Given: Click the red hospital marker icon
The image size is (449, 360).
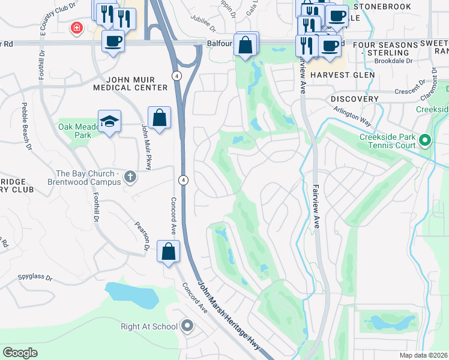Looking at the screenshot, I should click(76, 28).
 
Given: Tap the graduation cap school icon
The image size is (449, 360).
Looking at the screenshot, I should click(109, 121).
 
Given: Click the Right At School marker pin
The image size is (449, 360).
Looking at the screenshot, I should click(187, 326).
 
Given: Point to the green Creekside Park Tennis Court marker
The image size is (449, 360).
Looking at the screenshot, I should click(426, 141).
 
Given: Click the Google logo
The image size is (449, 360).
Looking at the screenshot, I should click(20, 353).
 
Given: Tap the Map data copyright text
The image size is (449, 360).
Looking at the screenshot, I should click(423, 355).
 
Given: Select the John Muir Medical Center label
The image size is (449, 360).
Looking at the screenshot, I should click(130, 83).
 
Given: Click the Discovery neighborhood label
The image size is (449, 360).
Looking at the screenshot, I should click(355, 98).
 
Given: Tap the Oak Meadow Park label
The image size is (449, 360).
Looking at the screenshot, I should click(74, 131).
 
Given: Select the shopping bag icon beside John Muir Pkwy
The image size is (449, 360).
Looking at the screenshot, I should click(160, 118).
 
